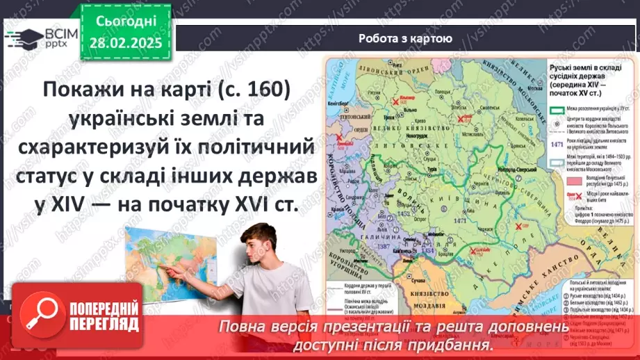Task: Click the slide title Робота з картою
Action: [405, 39]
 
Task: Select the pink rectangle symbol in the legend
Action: [558, 179]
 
